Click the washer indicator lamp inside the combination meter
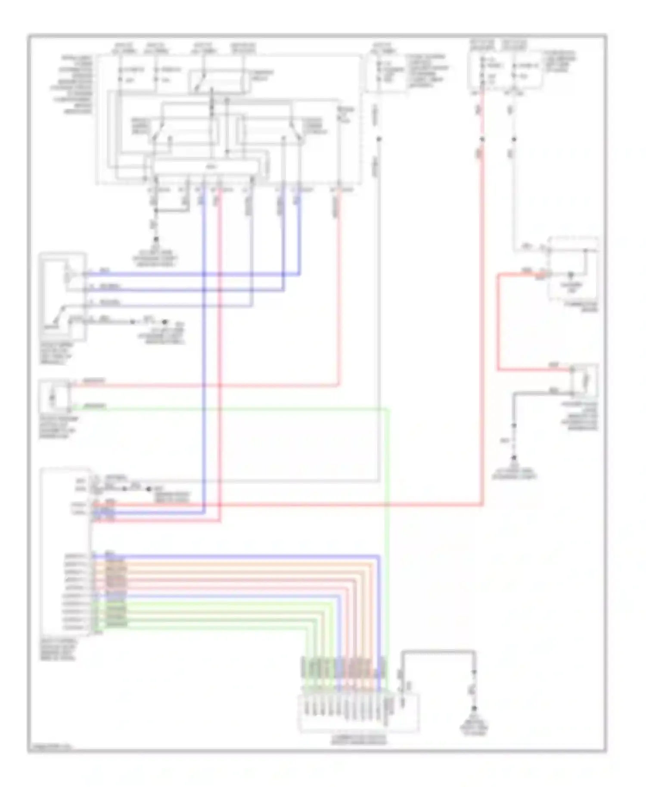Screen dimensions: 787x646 click(571, 276)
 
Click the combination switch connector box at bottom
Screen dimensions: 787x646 click(358, 713)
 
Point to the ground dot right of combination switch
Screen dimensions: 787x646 click(475, 708)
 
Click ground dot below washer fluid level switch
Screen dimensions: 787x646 click(514, 458)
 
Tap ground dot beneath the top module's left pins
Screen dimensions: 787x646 click(156, 239)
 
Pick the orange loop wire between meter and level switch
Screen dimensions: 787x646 click(498, 323)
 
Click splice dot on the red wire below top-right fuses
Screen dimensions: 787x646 click(482, 139)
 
